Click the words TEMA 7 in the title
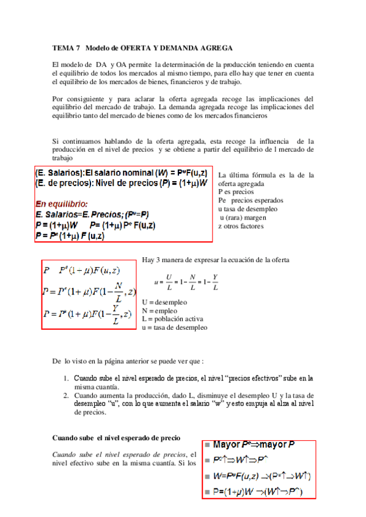click(x=66, y=48)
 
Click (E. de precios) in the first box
click(x=62, y=182)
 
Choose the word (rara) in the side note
click(x=236, y=218)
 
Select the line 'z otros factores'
click(x=241, y=226)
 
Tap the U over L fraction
click(x=169, y=282)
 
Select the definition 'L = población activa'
click(x=172, y=319)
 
